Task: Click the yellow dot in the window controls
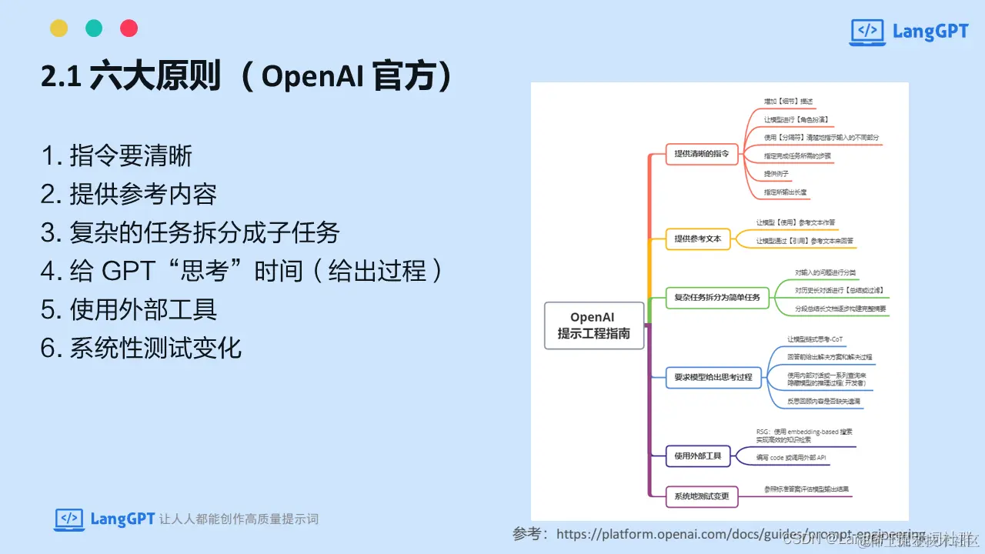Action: pos(59,28)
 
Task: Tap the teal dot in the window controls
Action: pos(94,28)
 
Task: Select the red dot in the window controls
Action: pos(129,28)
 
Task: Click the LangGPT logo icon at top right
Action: pos(866,32)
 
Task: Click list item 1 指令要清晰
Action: pos(116,156)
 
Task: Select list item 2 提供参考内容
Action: pos(129,195)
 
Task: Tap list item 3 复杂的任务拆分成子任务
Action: pos(190,233)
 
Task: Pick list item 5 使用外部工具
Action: pos(129,309)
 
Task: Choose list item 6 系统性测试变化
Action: pos(141,348)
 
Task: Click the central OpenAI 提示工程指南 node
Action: pos(593,325)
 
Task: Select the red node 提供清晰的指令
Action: pos(701,153)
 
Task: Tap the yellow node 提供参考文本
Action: pos(697,239)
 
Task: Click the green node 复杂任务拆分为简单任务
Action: pos(716,297)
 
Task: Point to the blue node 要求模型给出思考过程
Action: pos(713,377)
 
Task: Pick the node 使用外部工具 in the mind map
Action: pos(697,456)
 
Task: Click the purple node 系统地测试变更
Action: pos(701,496)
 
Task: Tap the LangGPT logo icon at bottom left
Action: pos(69,519)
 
